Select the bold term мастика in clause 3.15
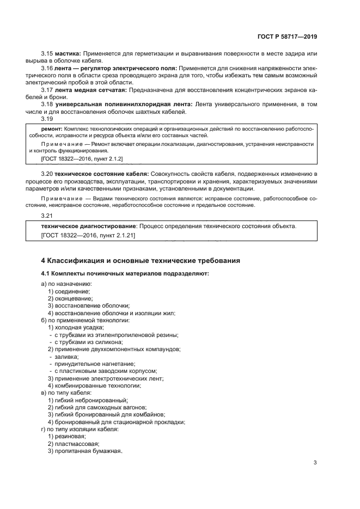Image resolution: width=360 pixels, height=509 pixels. coord(67,53)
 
